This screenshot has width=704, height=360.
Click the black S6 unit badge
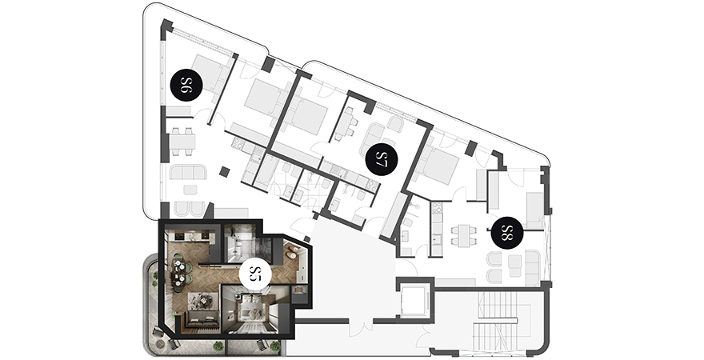coord(186,85)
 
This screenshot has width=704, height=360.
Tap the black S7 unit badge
coord(382,159)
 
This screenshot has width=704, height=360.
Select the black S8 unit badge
coord(507,232)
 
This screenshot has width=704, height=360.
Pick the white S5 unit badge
coord(255,274)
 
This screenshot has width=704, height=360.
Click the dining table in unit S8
coord(464,234)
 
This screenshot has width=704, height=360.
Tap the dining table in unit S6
coord(182,142)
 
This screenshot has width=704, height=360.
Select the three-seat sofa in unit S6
coord(188,172)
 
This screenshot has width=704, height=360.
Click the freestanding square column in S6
coord(225,172)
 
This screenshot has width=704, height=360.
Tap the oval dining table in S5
coord(180,273)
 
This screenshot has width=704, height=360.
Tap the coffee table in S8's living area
coord(515,266)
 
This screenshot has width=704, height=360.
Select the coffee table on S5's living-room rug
coord(203,298)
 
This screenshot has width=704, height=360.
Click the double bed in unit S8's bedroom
coord(441,165)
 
